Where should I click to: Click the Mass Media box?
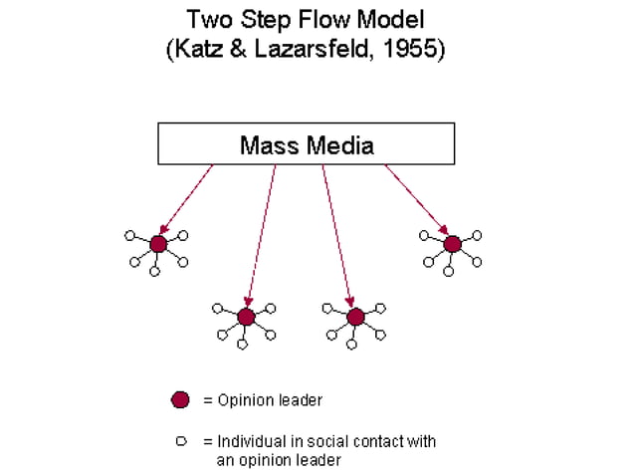(306, 144)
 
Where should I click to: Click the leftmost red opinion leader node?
(157, 244)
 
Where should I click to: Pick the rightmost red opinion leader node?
(452, 244)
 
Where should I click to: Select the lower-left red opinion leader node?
(246, 317)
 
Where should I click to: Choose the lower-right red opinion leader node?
(355, 317)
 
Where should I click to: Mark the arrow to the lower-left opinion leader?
(262, 235)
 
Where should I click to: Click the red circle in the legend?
(180, 400)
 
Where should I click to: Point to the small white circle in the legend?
(181, 440)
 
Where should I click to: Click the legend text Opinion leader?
(270, 400)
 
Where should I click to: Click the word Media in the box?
(341, 146)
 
